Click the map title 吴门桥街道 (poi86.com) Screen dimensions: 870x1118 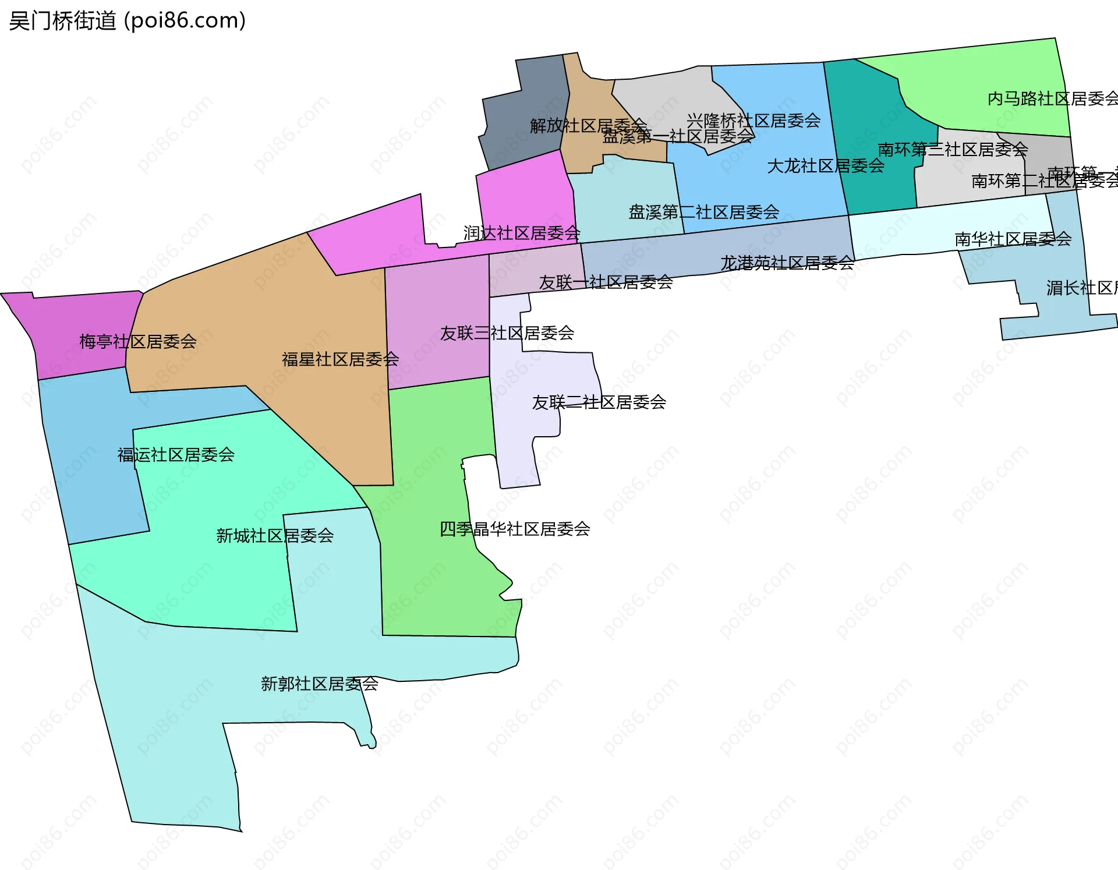[127, 21]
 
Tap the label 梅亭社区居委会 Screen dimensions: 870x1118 [138, 341]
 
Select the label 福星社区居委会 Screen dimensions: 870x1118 [340, 359]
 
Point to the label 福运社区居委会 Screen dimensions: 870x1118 [176, 455]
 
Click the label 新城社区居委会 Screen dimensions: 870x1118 [275, 536]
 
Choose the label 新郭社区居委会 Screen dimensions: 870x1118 [320, 684]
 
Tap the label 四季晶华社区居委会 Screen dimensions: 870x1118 [515, 529]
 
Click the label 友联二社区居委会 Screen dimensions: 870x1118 [599, 402]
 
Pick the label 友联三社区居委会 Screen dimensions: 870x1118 [507, 333]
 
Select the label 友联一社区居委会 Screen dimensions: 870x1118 [606, 282]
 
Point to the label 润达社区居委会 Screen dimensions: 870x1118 [522, 234]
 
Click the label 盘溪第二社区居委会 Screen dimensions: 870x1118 [703, 212]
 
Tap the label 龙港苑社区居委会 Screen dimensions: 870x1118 [787, 263]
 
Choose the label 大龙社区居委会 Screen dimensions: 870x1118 [826, 166]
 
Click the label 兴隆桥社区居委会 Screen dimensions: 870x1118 [753, 121]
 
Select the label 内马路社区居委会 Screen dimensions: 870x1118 [1052, 99]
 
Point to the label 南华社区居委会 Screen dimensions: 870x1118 [1013, 239]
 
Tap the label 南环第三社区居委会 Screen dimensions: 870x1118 [953, 150]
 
